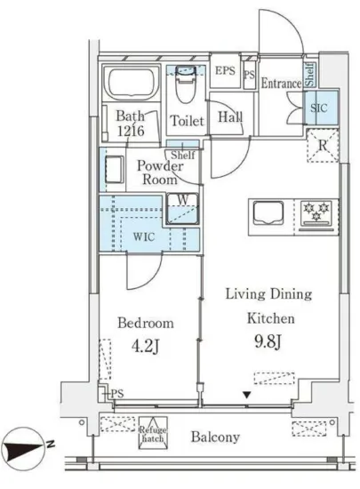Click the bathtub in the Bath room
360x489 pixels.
click(131, 84)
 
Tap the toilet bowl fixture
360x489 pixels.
click(186, 84)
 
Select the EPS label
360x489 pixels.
click(225, 70)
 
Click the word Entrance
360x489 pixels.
click(281, 84)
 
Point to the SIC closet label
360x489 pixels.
click(318, 108)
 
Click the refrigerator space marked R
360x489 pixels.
click(323, 145)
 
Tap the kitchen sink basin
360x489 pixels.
click(268, 212)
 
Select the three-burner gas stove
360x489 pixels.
click(316, 216)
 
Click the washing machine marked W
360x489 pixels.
click(182, 209)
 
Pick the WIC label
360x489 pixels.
click(144, 236)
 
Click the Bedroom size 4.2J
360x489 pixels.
click(146, 346)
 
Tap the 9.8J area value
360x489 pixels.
click(268, 341)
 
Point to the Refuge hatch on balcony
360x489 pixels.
click(153, 433)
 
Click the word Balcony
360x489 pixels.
click(215, 437)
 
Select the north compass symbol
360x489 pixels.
click(24, 448)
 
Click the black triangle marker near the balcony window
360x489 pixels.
click(247, 396)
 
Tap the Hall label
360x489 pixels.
click(230, 117)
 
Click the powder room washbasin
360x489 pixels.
click(114, 169)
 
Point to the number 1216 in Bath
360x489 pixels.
click(131, 131)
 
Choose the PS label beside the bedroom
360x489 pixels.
click(117, 394)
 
